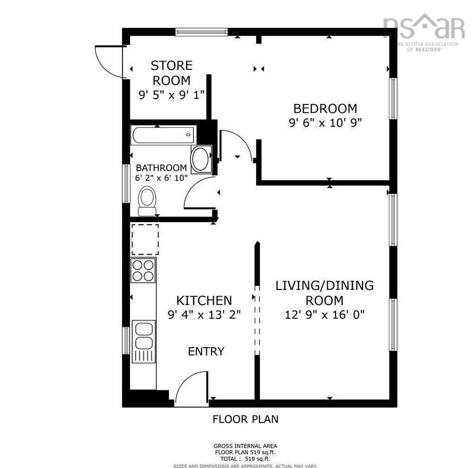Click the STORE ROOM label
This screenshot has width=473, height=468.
(x=172, y=73)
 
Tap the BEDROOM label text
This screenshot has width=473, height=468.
(x=325, y=109)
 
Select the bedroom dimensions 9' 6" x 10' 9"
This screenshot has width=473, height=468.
(x=325, y=123)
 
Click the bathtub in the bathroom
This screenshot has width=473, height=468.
(x=163, y=135)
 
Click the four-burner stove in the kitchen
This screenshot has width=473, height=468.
(x=143, y=271)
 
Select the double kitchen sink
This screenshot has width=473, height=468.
(x=144, y=336)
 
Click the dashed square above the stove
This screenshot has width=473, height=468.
(x=145, y=240)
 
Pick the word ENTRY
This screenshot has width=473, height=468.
(x=206, y=351)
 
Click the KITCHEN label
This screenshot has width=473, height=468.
(x=204, y=300)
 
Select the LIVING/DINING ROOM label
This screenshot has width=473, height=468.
(x=325, y=293)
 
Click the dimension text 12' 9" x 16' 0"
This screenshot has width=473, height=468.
(x=325, y=315)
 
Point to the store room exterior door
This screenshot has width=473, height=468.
(x=109, y=62)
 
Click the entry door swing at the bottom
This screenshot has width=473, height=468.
(x=192, y=389)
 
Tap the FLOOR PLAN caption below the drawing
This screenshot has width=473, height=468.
(x=245, y=419)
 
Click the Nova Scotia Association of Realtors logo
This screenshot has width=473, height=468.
(x=424, y=32)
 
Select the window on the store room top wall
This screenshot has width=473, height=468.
(x=202, y=32)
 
